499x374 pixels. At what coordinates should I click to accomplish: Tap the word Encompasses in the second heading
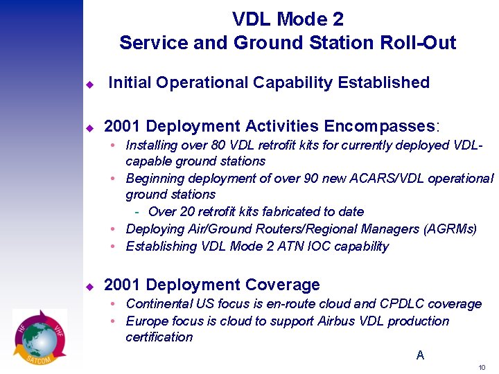coord(378,126)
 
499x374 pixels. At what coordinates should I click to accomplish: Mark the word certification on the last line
coord(159,337)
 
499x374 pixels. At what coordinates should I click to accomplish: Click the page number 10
coord(482,367)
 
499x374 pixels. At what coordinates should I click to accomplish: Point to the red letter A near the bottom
coord(420,355)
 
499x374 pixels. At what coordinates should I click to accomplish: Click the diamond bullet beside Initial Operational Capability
coord(89,84)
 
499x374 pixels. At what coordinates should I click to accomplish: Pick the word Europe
coord(146,321)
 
